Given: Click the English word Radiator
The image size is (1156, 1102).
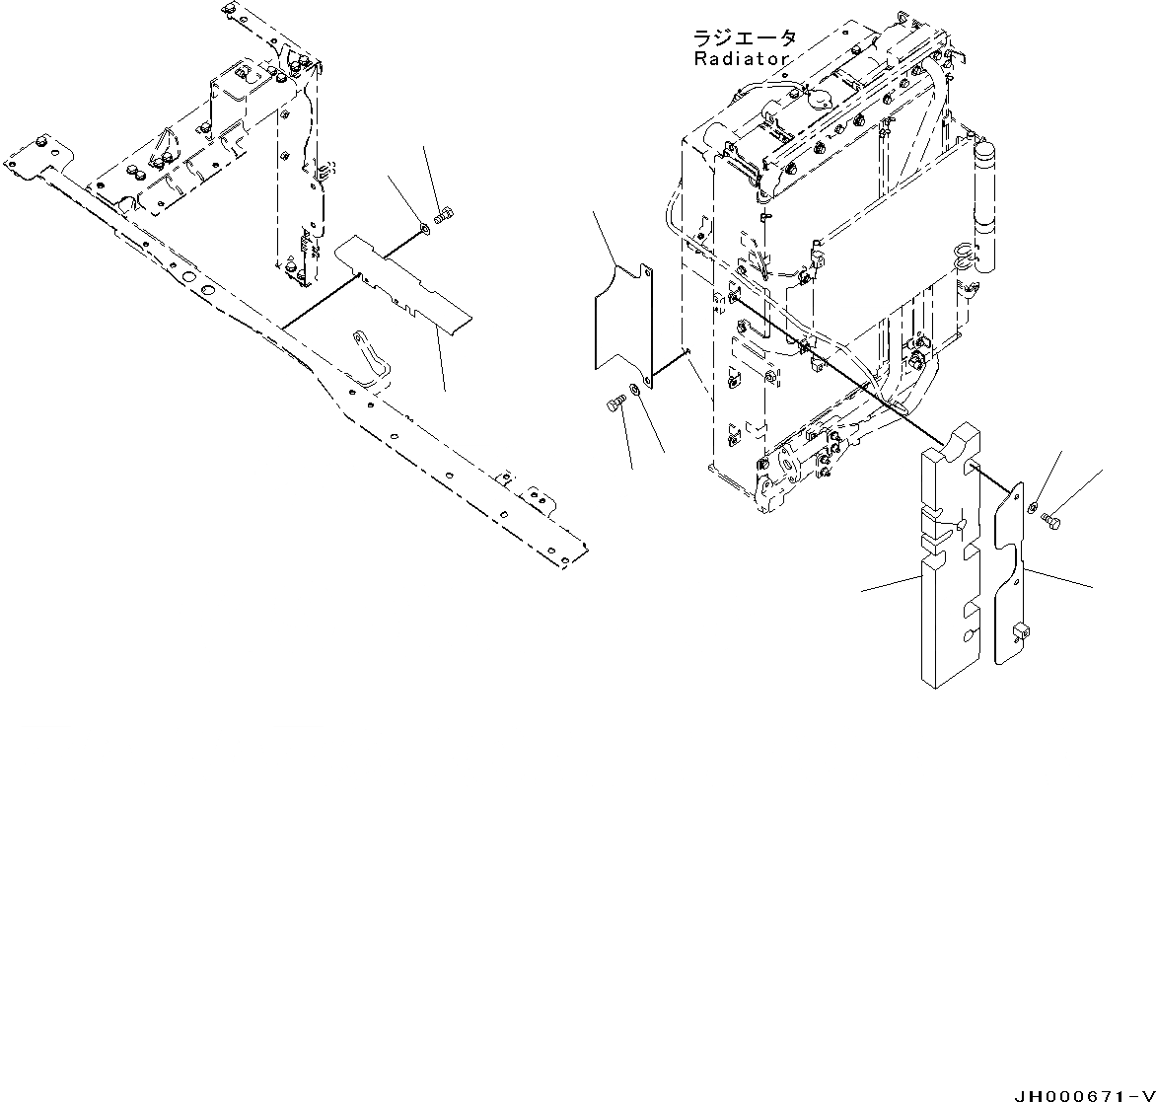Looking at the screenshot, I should pyautogui.click(x=741, y=59).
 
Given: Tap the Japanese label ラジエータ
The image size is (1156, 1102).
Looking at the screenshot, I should pyautogui.click(x=744, y=38).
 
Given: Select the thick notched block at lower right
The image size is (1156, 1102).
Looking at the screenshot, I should pyautogui.click(x=950, y=562).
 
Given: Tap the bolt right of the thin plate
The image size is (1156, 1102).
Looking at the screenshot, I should pyautogui.click(x=1050, y=519).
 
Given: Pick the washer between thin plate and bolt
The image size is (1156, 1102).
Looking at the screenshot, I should pyautogui.click(x=1031, y=508).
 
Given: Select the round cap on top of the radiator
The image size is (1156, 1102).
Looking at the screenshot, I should pyautogui.click(x=818, y=95).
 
